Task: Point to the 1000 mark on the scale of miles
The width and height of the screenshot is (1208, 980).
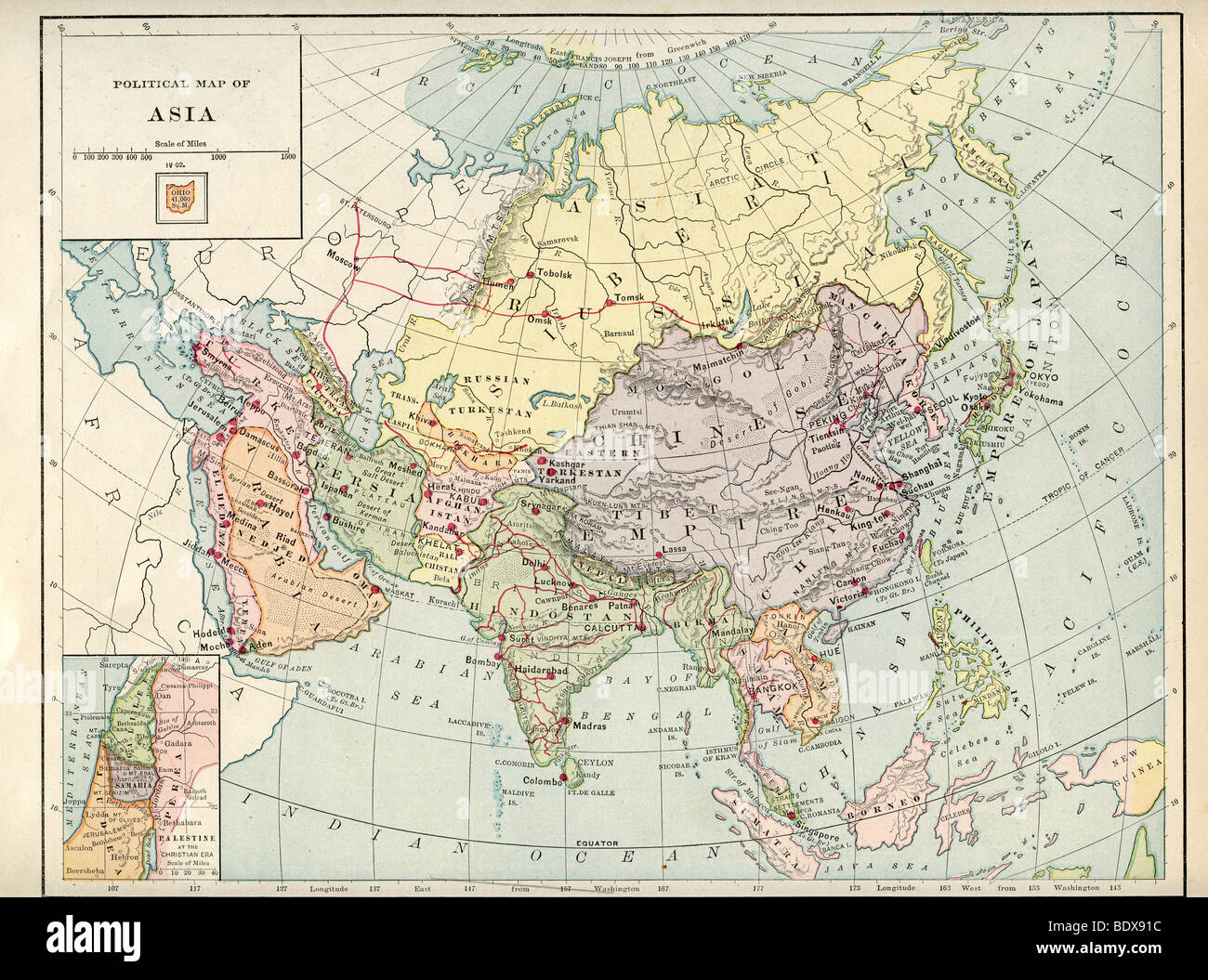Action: (217, 158)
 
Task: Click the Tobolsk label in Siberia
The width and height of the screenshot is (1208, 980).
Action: (554, 275)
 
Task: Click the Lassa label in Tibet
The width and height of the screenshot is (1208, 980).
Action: (675, 549)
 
